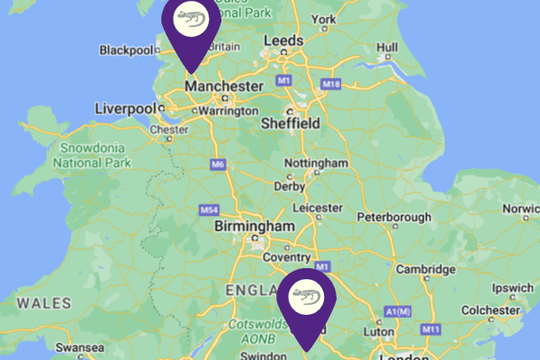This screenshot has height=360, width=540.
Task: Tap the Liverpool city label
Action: tap(125, 109)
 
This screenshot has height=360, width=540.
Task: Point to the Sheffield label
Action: tap(290, 123)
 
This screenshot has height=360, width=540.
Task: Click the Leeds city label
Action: tap(283, 42)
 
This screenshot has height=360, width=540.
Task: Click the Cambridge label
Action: tap(427, 269)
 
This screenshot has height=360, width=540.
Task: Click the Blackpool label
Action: tap(127, 49)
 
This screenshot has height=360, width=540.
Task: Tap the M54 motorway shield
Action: tap(209, 211)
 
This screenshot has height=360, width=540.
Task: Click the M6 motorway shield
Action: tap(217, 165)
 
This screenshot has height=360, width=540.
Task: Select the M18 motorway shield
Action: tap(331, 85)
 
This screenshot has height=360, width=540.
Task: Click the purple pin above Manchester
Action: tap(190, 27)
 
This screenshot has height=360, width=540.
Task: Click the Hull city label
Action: tap(388, 47)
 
